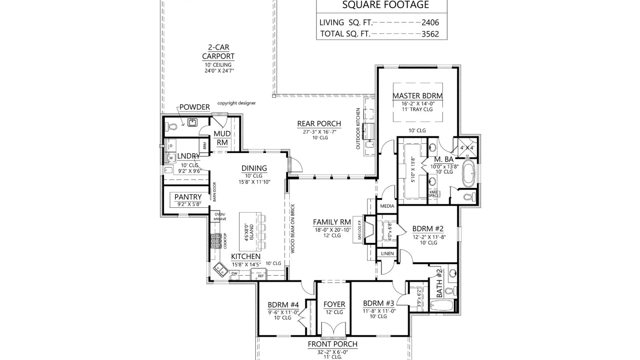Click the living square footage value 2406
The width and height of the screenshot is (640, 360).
point(430,23)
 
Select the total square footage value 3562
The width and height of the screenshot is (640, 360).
point(430,34)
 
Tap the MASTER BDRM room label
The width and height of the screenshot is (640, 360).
point(417,96)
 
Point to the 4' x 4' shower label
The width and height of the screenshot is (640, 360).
point(467,148)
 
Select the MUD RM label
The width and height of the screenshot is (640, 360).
point(222,138)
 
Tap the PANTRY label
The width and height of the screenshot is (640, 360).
point(188,197)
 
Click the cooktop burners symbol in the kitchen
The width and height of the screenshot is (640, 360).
point(215,241)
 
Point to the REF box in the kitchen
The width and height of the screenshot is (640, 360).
point(260,276)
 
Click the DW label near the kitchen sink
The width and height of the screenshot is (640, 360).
point(234,273)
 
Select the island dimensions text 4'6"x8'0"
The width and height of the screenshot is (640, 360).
point(247,232)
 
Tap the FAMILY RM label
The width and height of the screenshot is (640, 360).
point(332,222)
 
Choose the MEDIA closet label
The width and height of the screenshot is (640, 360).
point(387,206)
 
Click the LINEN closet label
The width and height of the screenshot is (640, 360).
point(387,254)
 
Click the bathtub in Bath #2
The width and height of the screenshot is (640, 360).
point(441,305)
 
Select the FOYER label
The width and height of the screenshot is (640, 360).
point(334,304)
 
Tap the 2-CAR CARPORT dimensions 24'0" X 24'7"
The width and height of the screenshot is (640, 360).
point(219,71)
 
